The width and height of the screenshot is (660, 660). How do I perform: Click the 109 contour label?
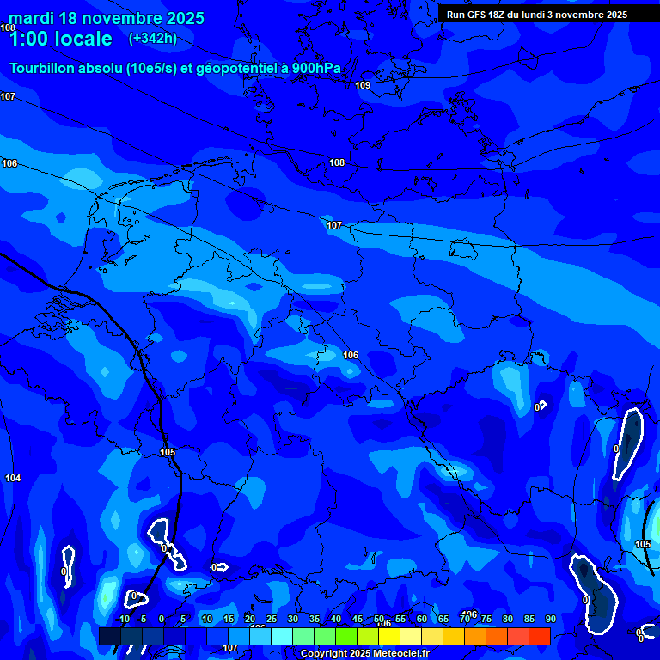(x=363, y=85)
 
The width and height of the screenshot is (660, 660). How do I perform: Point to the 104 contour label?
(x=13, y=478)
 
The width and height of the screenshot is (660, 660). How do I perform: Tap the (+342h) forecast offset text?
(x=153, y=39)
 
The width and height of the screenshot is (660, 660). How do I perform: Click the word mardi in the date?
(x=31, y=18)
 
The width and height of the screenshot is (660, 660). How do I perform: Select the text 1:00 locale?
(x=60, y=39)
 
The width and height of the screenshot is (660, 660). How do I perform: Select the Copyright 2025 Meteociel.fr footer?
(x=364, y=654)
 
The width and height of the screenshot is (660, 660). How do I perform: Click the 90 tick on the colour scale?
(x=550, y=619)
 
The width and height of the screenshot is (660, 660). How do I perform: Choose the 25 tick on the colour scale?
(x=271, y=619)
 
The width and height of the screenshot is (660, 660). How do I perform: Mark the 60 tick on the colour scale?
(x=422, y=619)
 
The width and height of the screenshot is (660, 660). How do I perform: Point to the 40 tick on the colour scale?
(x=335, y=619)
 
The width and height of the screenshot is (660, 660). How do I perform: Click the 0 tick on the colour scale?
(x=161, y=619)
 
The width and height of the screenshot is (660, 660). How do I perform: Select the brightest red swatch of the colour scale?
(x=539, y=636)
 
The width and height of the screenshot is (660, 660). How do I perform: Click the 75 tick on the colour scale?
(x=486, y=619)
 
